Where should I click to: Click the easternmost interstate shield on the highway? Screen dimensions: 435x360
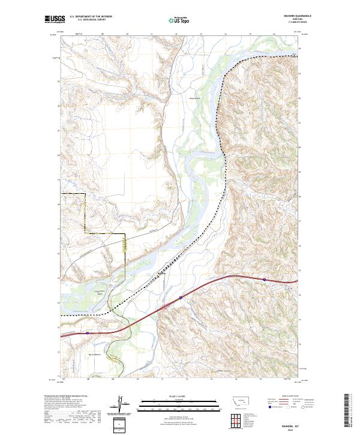pyautogui.click(x=264, y=279)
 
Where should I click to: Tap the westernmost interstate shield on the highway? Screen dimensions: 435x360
pyautogui.click(x=88, y=333)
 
